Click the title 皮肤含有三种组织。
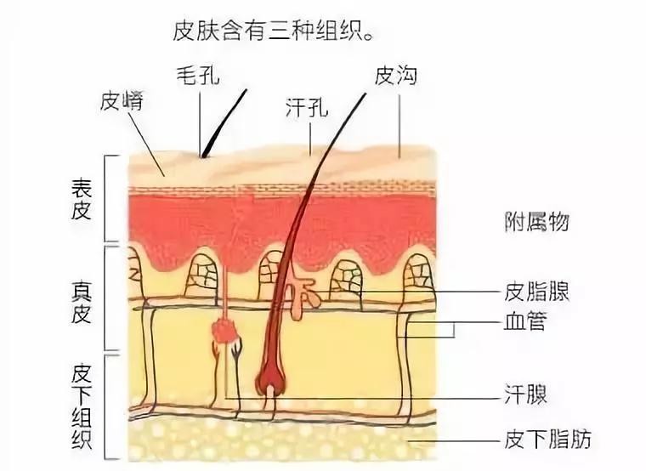274,31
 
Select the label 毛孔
198,77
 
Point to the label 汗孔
309,108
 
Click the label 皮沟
396,77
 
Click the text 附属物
535,223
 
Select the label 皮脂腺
537,292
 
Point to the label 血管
525,323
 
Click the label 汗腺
525,395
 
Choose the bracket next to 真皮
106,298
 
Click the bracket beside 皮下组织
106,408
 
